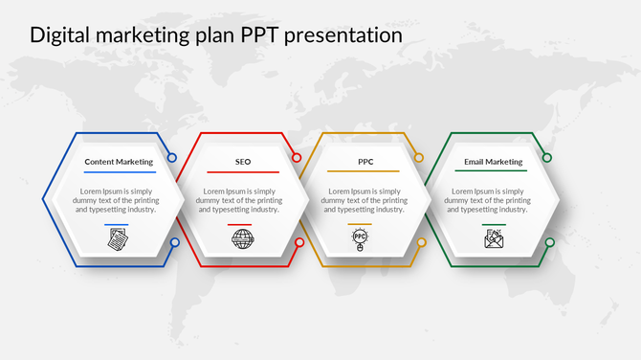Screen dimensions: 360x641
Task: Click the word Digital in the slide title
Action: (x=58, y=35)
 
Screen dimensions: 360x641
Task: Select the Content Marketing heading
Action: (x=119, y=162)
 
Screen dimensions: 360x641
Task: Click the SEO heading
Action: (x=243, y=162)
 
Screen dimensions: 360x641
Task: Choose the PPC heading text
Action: (x=365, y=162)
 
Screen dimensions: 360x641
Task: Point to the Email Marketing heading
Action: (x=494, y=162)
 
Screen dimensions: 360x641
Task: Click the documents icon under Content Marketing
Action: (x=117, y=239)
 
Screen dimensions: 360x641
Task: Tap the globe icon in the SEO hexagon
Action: (x=243, y=239)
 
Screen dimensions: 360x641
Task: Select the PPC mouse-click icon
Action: (x=360, y=239)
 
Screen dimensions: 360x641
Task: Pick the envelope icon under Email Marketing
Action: (x=494, y=239)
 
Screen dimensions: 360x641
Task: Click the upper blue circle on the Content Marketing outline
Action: (x=172, y=158)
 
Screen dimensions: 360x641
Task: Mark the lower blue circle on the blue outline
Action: (x=174, y=242)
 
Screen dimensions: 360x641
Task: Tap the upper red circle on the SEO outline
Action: (x=298, y=158)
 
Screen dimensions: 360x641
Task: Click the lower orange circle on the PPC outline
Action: (x=419, y=242)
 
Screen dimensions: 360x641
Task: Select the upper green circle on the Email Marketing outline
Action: (x=548, y=158)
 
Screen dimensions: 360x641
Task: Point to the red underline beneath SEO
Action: (x=243, y=172)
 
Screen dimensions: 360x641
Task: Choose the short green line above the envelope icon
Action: (x=494, y=225)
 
